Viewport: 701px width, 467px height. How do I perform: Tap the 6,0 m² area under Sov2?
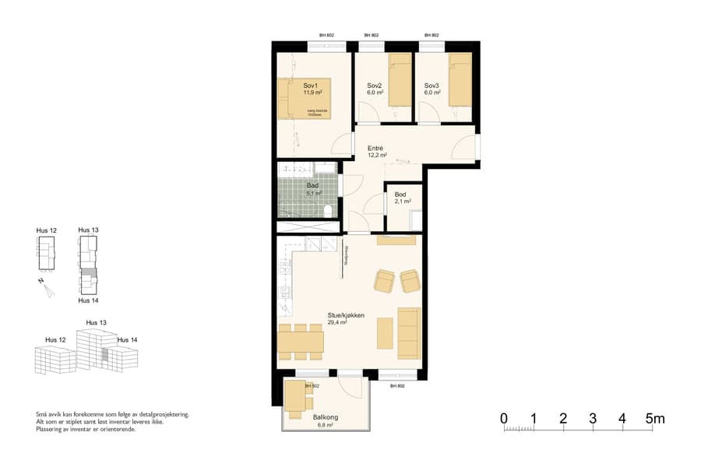[375, 93]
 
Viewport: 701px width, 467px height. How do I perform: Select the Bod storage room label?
[401, 195]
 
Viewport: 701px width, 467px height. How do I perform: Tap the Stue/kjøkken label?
[346, 315]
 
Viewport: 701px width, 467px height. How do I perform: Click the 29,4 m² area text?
[337, 322]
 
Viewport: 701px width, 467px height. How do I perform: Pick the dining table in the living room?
[301, 340]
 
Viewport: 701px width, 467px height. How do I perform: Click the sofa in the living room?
[409, 332]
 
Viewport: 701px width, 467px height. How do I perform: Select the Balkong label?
[325, 418]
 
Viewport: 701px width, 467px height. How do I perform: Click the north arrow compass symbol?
[49, 289]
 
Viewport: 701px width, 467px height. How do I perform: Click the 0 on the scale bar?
[504, 419]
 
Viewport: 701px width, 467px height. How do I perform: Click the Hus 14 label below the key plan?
[89, 300]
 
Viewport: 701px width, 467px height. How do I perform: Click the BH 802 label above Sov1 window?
[326, 36]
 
